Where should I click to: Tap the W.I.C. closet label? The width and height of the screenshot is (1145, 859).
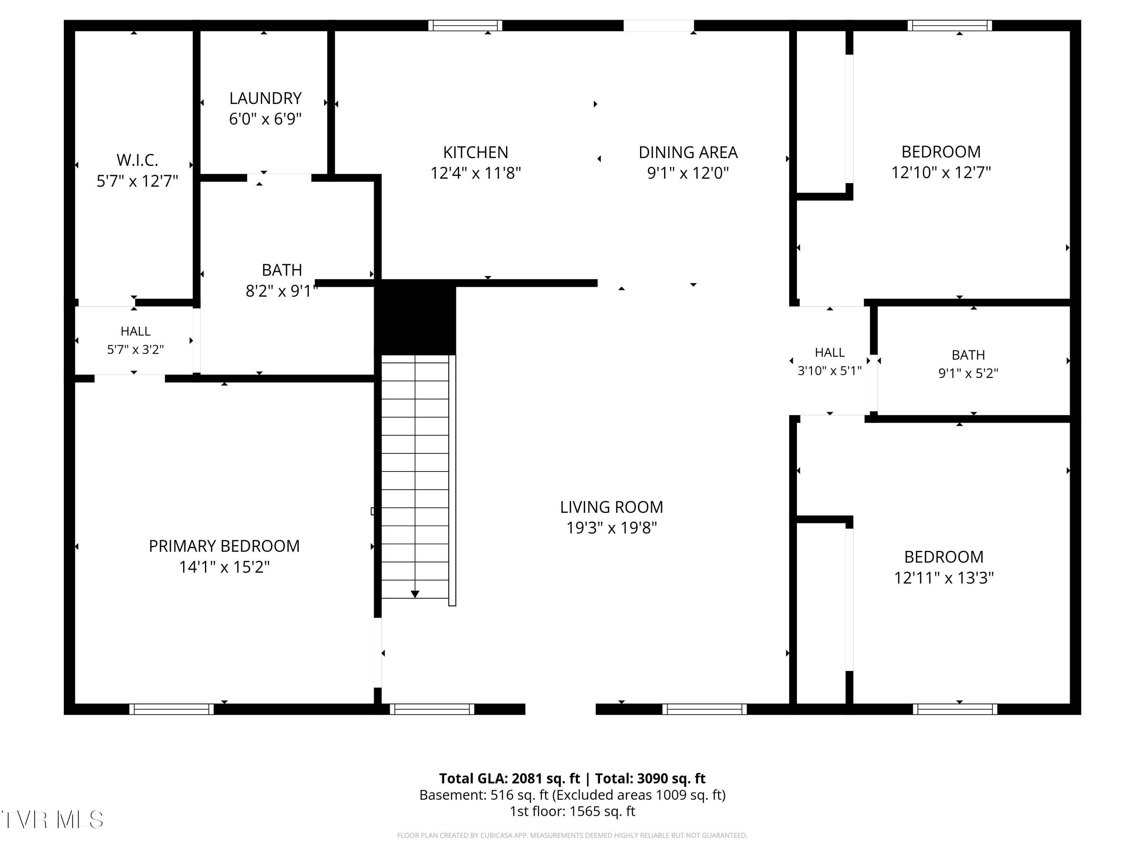point(137,160)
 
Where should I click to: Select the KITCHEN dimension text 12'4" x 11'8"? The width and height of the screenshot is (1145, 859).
point(476,173)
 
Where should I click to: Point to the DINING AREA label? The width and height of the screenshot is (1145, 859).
point(688,152)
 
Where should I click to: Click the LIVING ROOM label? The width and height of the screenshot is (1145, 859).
point(611,507)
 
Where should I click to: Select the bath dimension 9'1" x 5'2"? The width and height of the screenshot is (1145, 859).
point(968,373)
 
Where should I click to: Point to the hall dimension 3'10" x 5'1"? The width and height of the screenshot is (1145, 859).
point(829,370)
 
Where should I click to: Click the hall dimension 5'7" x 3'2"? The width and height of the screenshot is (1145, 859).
point(135,349)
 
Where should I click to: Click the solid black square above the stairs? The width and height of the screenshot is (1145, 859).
point(415,317)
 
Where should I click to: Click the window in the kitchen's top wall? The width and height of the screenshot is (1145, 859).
point(465,25)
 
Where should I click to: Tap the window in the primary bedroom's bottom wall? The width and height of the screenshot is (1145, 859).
point(171,709)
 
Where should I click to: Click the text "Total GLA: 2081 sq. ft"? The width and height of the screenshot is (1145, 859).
point(510,778)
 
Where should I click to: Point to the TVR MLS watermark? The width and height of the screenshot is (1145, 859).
point(53,820)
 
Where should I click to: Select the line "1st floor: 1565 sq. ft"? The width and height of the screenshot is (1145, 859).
point(572,811)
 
